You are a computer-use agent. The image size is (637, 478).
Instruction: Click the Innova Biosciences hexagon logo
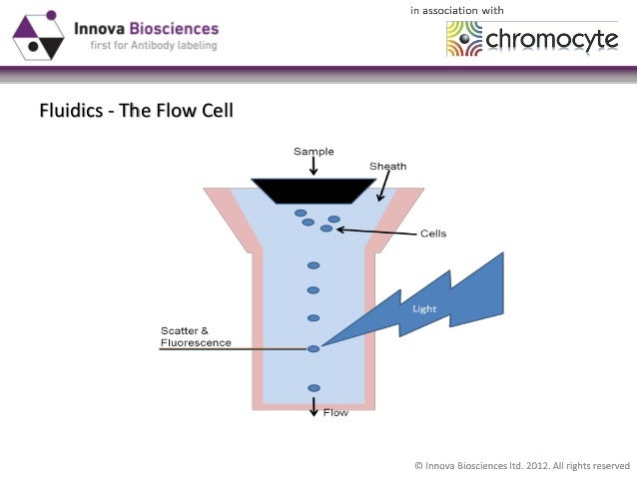point(38,34)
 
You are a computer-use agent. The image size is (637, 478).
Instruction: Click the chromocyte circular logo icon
point(464,39)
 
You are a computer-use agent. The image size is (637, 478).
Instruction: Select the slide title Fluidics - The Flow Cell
point(136,110)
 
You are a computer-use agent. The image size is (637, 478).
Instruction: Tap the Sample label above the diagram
point(314,152)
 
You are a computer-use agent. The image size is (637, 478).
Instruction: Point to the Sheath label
point(387,166)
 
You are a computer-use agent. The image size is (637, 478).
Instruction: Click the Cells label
point(432,234)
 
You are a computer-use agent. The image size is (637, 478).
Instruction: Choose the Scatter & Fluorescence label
point(196,336)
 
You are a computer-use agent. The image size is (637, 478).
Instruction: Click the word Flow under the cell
point(335,412)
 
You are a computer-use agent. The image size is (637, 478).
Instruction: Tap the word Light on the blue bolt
point(424,308)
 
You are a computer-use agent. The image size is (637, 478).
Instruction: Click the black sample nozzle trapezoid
point(314,190)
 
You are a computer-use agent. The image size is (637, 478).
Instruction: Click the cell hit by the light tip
point(314,348)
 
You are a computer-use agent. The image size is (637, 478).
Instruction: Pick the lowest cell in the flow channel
point(314,387)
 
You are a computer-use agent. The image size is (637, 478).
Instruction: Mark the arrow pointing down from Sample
point(314,167)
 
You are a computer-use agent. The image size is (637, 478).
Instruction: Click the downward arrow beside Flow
point(314,407)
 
